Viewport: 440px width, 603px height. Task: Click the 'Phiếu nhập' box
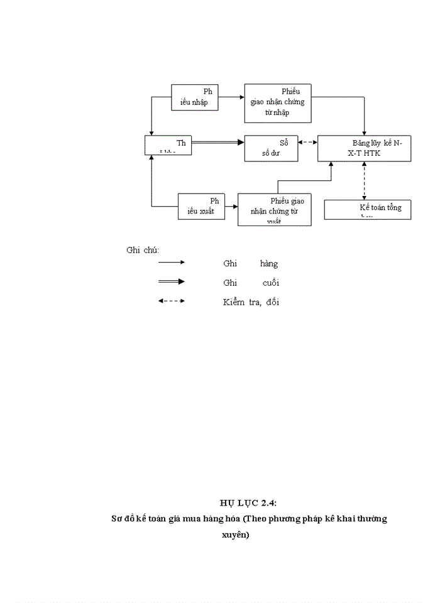click(195, 97)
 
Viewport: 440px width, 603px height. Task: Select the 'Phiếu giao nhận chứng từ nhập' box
click(278, 102)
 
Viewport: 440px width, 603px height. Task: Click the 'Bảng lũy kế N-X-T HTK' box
click(364, 148)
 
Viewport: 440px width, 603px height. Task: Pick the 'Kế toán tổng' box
click(368, 209)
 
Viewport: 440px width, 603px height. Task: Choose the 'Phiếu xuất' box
click(201, 206)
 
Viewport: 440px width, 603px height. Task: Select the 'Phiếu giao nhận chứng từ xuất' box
click(275, 210)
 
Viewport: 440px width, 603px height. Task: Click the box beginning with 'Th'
click(168, 144)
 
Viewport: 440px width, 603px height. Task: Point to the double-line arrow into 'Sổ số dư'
click(217, 143)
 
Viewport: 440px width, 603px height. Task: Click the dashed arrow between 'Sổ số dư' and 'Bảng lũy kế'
click(307, 142)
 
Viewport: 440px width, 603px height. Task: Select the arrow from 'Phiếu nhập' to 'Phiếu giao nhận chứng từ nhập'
click(231, 97)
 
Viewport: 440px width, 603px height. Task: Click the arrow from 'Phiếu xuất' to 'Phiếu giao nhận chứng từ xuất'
click(231, 206)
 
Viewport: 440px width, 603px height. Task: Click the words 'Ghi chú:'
click(143, 250)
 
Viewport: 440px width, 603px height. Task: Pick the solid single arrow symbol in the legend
click(171, 263)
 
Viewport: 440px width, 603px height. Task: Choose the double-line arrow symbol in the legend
click(171, 281)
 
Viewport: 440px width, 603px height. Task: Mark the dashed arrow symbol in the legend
click(171, 301)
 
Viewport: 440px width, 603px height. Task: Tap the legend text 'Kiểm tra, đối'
click(251, 302)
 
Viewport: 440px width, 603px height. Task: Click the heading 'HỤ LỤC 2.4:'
click(248, 503)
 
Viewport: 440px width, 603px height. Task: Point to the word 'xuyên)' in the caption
click(236, 535)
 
